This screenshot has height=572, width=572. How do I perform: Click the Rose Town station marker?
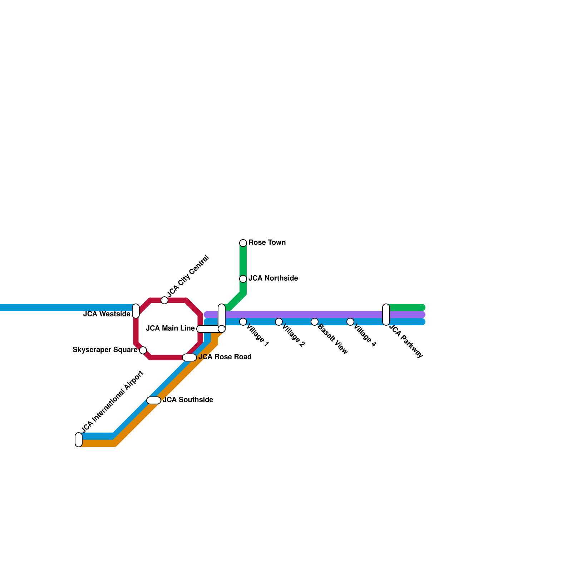(243, 243)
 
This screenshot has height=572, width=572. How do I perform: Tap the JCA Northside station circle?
(243, 279)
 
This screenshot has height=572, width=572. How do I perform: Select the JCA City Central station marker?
(164, 300)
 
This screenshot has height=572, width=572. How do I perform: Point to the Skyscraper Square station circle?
(143, 350)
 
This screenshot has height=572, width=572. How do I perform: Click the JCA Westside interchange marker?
(136, 311)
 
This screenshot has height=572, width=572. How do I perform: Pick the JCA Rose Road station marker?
(189, 357)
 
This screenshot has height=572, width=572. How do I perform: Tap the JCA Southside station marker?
(154, 400)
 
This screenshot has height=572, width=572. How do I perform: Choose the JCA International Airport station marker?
(79, 440)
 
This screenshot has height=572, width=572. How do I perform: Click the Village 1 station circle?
(243, 322)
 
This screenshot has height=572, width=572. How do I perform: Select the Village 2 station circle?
(279, 322)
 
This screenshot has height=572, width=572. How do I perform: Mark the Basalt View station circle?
(315, 322)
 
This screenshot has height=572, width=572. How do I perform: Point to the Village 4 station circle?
(350, 322)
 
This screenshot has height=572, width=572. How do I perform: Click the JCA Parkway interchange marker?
(386, 315)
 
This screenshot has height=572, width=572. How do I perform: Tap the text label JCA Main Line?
(170, 328)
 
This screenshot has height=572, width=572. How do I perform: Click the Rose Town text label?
(267, 242)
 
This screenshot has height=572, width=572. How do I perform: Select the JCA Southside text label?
(188, 400)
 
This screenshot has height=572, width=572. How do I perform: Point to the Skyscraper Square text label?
(105, 350)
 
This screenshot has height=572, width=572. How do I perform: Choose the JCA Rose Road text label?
(225, 357)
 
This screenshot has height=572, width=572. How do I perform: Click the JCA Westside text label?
(107, 314)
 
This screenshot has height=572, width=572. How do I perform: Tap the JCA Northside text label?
(273, 278)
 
